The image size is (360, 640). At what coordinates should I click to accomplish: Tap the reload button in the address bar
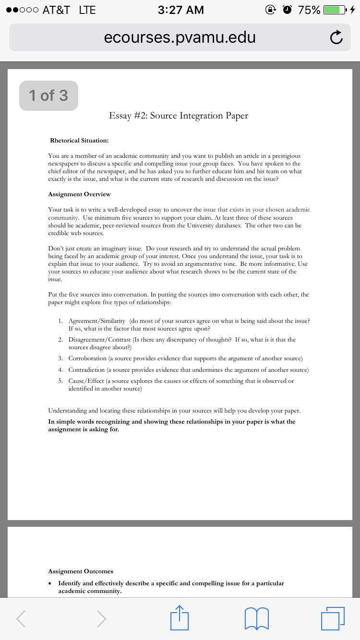click(336, 37)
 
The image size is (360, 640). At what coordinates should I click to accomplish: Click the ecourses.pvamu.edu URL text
click(180, 37)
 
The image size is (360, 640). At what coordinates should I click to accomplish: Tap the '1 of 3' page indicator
click(48, 95)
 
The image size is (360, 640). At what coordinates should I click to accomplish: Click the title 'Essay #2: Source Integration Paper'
click(179, 116)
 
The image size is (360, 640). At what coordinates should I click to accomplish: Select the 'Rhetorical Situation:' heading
click(79, 141)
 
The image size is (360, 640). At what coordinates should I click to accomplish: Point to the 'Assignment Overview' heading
click(79, 194)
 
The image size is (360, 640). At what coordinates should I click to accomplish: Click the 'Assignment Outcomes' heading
click(81, 571)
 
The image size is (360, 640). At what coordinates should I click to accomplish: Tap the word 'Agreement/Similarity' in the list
click(96, 320)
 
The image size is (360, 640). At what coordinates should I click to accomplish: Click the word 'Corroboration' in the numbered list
click(87, 358)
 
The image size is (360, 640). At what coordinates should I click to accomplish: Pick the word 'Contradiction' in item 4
click(86, 370)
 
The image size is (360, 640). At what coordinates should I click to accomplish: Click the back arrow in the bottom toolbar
click(21, 619)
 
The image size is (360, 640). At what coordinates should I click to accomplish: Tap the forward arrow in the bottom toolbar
click(101, 619)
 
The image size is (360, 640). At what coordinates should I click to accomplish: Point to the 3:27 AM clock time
click(180, 10)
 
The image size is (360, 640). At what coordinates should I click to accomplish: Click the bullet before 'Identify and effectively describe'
click(50, 583)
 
